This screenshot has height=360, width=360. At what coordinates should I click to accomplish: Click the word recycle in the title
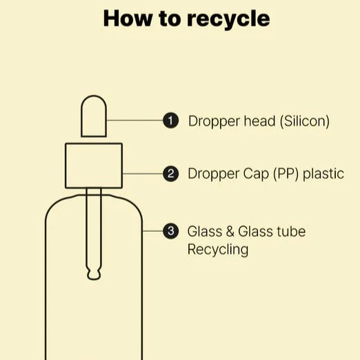[x=228, y=19]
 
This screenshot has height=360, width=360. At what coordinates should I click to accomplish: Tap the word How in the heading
[x=128, y=19]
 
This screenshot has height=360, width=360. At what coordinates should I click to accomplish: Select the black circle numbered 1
[x=170, y=121]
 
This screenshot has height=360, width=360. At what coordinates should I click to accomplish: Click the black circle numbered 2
[x=170, y=174]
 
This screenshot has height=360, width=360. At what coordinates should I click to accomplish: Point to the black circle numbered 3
[x=170, y=231]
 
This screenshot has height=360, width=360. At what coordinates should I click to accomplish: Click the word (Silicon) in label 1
[x=305, y=121]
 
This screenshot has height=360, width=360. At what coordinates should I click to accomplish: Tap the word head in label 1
[x=259, y=121]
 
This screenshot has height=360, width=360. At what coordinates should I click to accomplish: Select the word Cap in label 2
[x=256, y=174]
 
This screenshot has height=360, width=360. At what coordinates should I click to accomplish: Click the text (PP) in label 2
[x=286, y=174]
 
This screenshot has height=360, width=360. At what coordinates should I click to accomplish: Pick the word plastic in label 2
[x=323, y=174]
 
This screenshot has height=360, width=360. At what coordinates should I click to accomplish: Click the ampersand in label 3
[x=230, y=231]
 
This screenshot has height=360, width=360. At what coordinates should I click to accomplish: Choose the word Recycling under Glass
[x=218, y=250]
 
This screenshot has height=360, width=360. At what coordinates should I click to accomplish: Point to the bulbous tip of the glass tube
[x=94, y=274]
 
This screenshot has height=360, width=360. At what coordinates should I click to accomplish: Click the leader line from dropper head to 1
[x=134, y=120]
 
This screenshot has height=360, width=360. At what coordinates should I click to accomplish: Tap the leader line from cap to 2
[x=143, y=174]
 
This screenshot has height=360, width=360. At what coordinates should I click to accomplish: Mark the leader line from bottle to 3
[x=152, y=231]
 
